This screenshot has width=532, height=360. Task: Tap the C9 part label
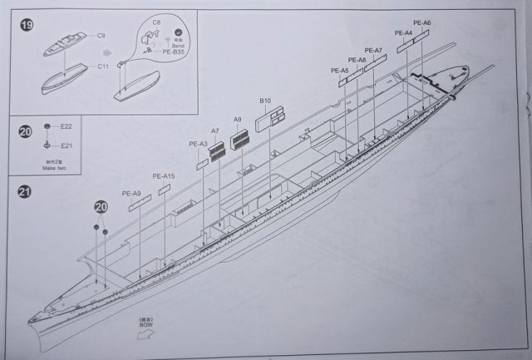click(x=101, y=36)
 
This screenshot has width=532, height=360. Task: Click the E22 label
click(x=66, y=126)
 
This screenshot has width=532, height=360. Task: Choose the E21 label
click(x=66, y=145)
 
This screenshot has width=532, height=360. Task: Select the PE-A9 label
click(x=131, y=195)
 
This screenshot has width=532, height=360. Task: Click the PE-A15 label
click(x=164, y=176)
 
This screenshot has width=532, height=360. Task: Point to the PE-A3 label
click(x=199, y=144)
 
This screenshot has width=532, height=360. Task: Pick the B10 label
click(x=265, y=101)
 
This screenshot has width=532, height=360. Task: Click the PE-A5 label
click(x=339, y=71)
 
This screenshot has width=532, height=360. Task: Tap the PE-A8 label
click(x=357, y=60)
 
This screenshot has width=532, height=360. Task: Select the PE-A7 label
click(x=373, y=50)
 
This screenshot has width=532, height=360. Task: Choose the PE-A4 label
click(x=403, y=32)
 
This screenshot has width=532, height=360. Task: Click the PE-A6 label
click(x=422, y=22)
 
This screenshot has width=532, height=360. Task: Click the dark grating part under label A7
click(x=217, y=150)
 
